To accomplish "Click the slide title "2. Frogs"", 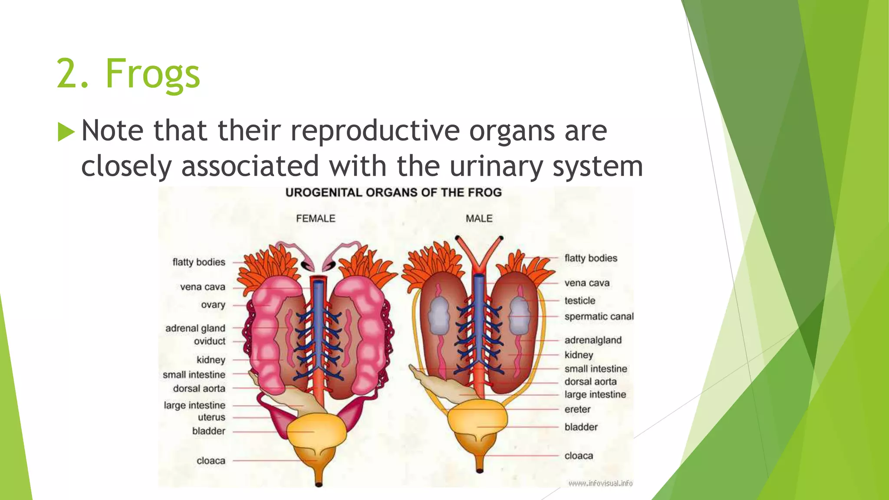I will pyautogui.click(x=128, y=74).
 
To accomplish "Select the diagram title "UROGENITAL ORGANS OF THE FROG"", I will pyautogui.click(x=393, y=193).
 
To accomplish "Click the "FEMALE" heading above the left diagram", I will pyautogui.click(x=316, y=219).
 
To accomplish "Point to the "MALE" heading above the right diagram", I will pyautogui.click(x=479, y=219).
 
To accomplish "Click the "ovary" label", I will pyautogui.click(x=213, y=305).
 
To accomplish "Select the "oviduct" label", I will pyautogui.click(x=210, y=341).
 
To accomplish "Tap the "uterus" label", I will pyautogui.click(x=211, y=417).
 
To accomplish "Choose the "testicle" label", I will pyautogui.click(x=580, y=301).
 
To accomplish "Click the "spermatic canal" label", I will pyautogui.click(x=599, y=317).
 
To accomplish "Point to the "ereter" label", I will pyautogui.click(x=577, y=409).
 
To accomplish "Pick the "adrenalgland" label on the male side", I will pyautogui.click(x=593, y=340).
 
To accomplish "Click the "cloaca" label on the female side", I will pyautogui.click(x=211, y=461).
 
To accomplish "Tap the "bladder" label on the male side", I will pyautogui.click(x=581, y=427).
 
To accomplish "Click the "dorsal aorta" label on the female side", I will pyautogui.click(x=199, y=388).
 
